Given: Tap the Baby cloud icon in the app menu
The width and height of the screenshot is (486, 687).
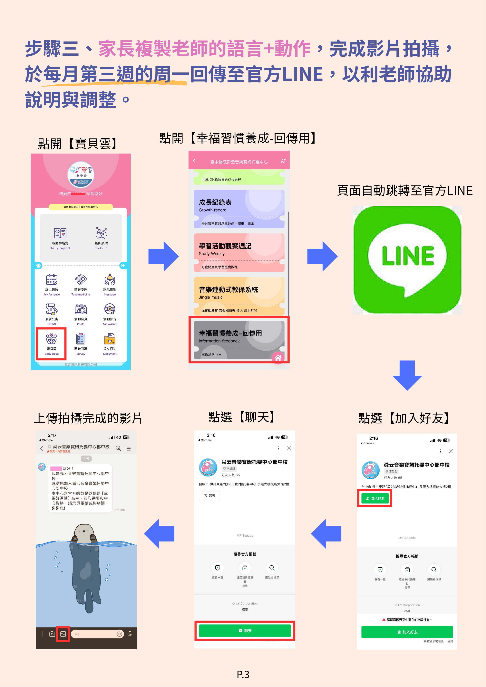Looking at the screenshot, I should point(51,340).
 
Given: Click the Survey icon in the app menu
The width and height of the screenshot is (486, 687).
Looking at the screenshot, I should point(81,339).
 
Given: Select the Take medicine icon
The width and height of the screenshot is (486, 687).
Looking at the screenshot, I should point(81,280).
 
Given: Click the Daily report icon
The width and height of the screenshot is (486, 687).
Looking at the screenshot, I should point(60,233).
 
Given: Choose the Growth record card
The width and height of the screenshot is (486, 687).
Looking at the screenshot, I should point(239,209).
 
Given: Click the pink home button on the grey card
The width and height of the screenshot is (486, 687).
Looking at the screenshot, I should point(277,358).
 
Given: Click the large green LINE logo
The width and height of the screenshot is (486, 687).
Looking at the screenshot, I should point(407,260).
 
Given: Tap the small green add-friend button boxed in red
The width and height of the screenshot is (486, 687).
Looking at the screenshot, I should point(375,498).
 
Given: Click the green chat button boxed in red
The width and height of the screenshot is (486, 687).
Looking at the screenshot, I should point(245,630).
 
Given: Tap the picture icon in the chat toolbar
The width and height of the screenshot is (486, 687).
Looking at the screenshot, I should point(63,634).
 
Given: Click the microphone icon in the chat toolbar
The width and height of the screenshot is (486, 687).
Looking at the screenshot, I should point(130,634).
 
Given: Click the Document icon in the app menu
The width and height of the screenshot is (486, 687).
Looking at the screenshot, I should point(110,340).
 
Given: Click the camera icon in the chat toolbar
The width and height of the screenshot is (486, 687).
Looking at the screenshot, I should point(52,634).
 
